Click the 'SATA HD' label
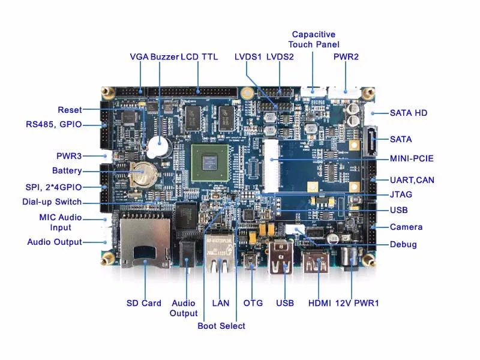(x=409, y=112)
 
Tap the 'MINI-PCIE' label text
(x=411, y=159)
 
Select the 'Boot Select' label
(x=221, y=326)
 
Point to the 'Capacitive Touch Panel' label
(x=313, y=39)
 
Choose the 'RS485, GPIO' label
(x=53, y=125)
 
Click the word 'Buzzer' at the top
(x=164, y=57)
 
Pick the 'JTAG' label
(x=400, y=194)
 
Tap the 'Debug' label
(x=403, y=244)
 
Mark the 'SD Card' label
(x=143, y=303)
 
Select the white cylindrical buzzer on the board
(x=159, y=146)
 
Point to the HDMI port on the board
(x=316, y=263)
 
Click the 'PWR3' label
(x=69, y=155)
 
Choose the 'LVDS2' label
(x=280, y=57)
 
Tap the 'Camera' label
(x=406, y=227)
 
